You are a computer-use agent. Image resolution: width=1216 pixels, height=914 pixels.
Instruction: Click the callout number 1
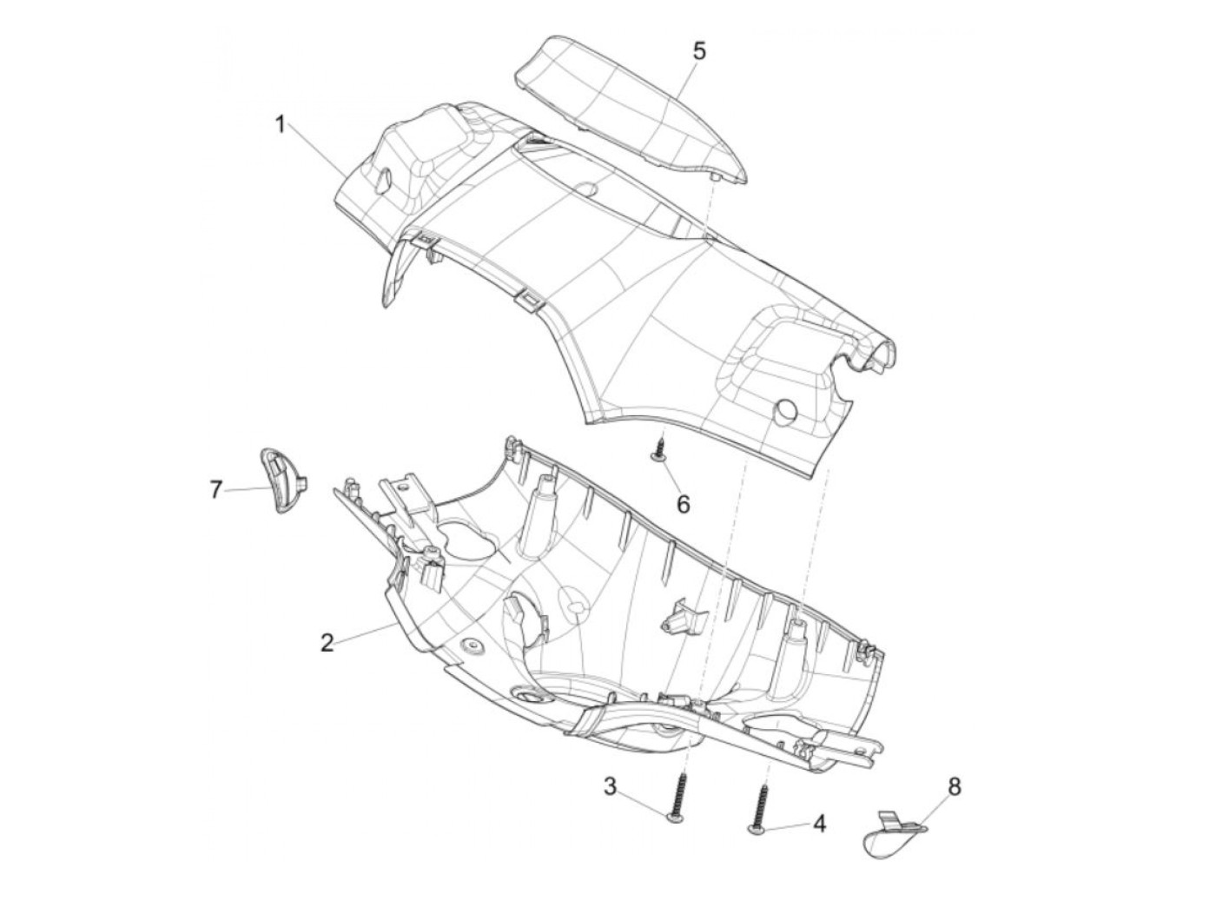[x=280, y=125]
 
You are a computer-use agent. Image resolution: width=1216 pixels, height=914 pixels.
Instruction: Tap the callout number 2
[x=327, y=644]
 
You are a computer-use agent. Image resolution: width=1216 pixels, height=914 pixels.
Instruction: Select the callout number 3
[x=611, y=787]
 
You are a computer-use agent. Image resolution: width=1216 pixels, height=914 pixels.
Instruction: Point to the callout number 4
[x=819, y=824]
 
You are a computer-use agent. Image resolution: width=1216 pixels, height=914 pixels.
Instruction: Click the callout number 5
[x=699, y=50]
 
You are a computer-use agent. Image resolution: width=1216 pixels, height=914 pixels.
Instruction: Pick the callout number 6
[x=683, y=503]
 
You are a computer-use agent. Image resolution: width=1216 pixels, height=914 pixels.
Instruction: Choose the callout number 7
[x=215, y=490]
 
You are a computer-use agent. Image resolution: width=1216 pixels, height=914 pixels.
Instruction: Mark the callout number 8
[x=955, y=787]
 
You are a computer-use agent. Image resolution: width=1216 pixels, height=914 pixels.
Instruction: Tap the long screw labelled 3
[x=680, y=796]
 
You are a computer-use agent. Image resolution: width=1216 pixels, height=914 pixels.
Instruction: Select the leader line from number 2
[x=365, y=633]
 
